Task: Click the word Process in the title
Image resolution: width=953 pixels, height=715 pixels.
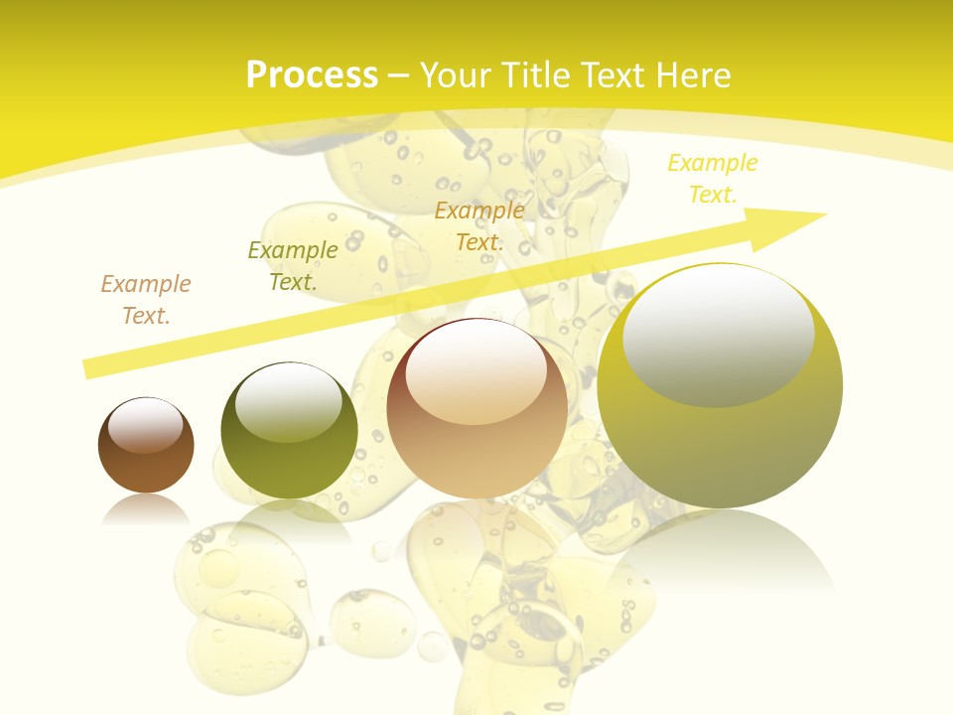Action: (x=312, y=75)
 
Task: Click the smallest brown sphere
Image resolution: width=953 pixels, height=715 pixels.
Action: (x=146, y=457)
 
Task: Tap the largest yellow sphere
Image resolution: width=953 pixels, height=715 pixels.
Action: (x=720, y=437)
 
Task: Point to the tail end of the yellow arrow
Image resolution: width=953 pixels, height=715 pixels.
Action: (x=91, y=368)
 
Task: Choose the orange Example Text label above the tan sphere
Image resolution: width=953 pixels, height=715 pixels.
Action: (x=479, y=226)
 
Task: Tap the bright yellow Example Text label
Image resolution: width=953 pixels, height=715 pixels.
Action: (x=713, y=179)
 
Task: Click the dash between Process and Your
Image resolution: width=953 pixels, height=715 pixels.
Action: (x=399, y=76)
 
